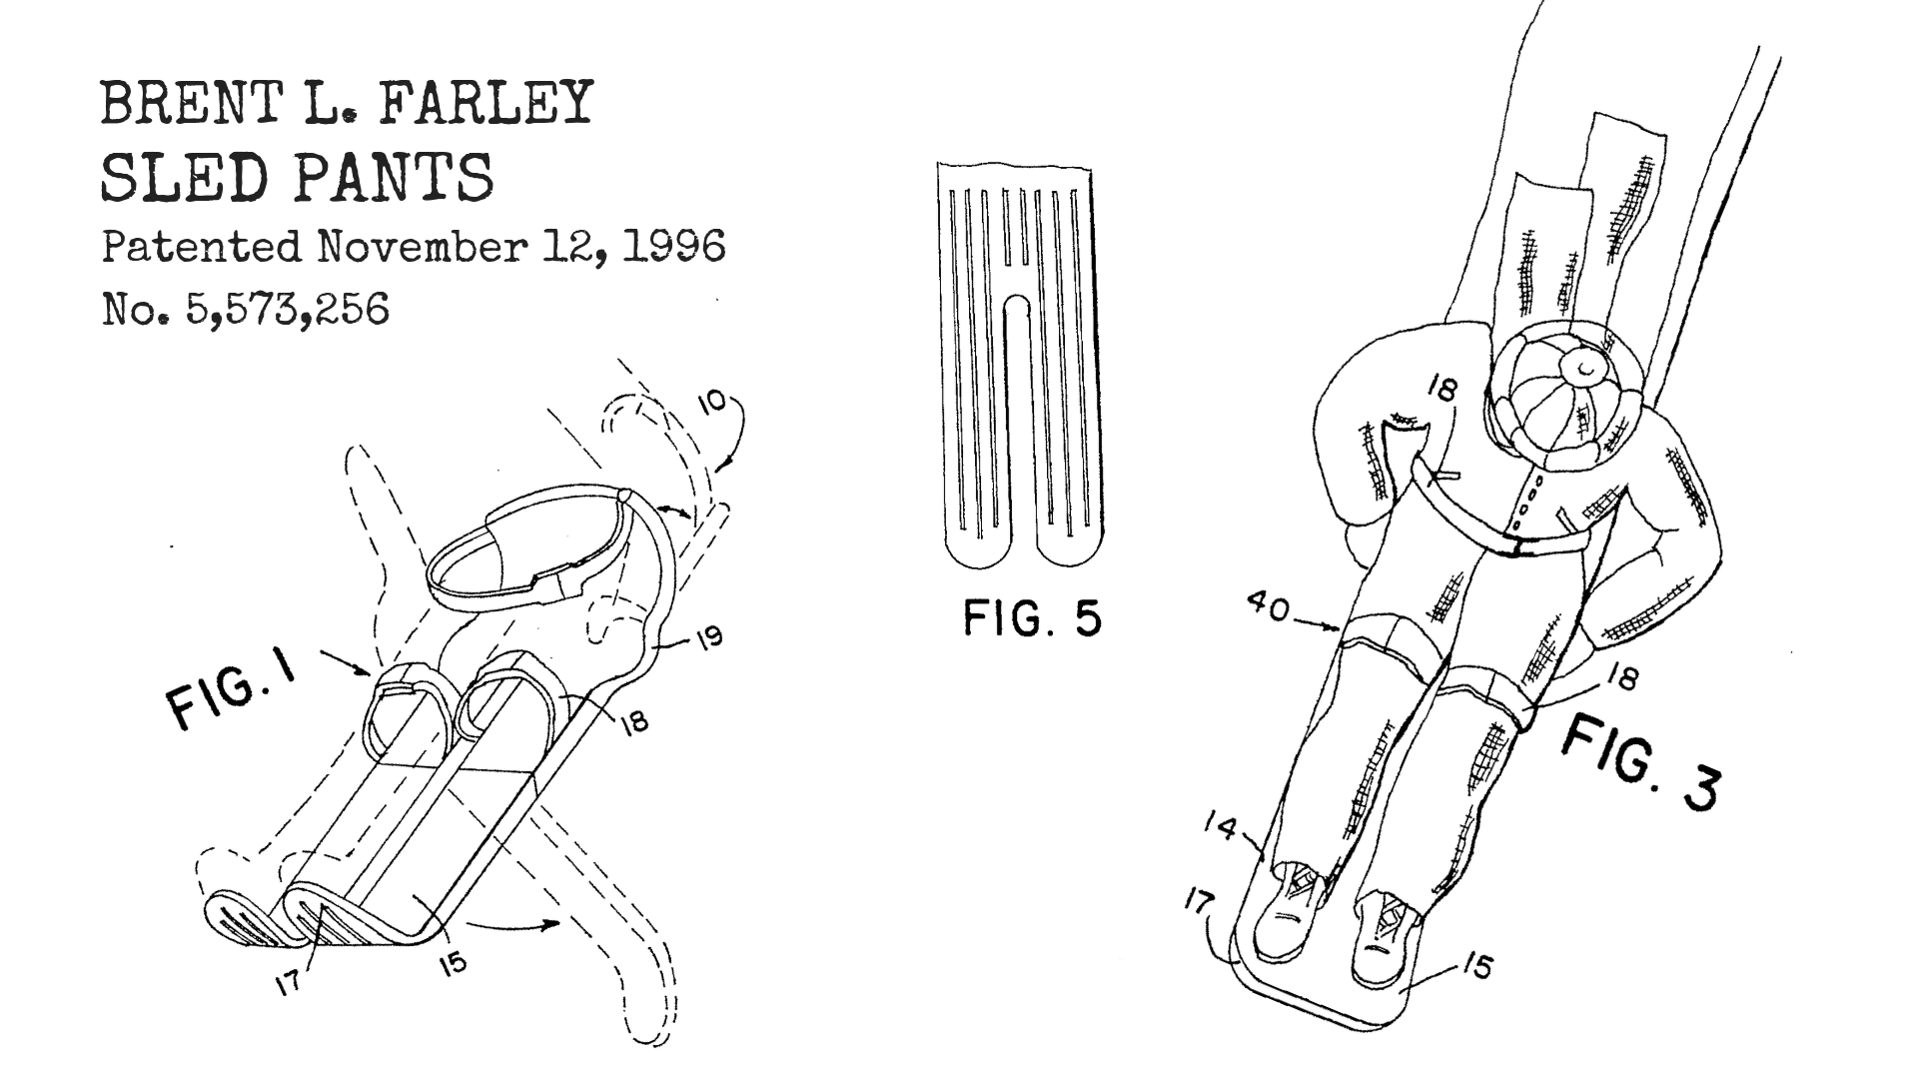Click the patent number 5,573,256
tap(287, 311)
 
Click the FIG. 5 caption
tap(1032, 619)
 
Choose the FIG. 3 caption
tap(1640, 761)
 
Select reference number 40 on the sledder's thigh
tap(1267, 608)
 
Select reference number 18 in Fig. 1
tap(634, 721)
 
